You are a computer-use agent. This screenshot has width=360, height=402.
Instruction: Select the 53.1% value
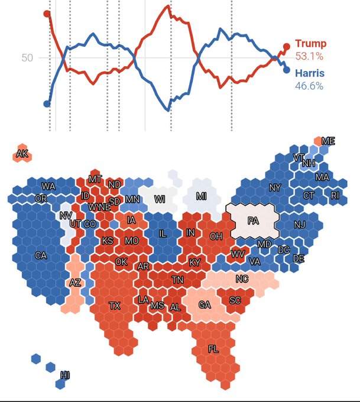[309, 57]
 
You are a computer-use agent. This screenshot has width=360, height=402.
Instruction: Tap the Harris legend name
[309, 74]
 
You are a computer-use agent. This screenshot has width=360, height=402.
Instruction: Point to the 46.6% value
[309, 86]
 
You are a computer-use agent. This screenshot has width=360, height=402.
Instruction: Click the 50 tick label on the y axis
[27, 58]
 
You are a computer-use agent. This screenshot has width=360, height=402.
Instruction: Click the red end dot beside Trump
[287, 46]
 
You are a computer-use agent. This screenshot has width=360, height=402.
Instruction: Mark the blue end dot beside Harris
[287, 70]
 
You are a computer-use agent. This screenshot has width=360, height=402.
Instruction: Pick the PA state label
[253, 221]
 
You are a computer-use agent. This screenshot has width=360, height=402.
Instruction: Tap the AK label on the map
[22, 154]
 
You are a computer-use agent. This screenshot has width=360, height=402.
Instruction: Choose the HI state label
[65, 374]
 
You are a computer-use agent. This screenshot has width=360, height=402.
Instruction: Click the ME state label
[328, 141]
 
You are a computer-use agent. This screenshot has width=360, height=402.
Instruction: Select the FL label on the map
[213, 349]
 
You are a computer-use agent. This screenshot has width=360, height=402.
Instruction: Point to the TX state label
[115, 306]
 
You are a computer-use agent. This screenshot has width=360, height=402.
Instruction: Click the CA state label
[41, 255]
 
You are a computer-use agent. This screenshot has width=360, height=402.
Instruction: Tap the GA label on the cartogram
[205, 304]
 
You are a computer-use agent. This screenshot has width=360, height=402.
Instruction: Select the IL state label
[163, 234]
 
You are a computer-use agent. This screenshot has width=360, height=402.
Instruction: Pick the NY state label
[275, 188]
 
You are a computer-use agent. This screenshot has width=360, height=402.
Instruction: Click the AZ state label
[75, 283]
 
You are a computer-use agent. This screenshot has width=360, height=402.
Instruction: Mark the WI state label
[160, 199]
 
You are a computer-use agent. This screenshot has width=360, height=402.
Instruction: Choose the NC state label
[242, 279]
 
